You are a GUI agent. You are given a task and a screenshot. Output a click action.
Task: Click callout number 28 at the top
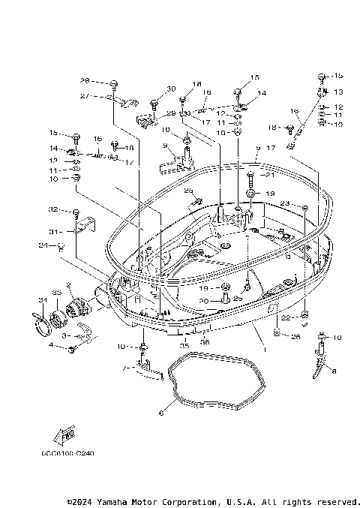pos(85,80)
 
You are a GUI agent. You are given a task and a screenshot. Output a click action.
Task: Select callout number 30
pos(171,89)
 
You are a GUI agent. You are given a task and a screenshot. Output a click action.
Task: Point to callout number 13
pos(338,92)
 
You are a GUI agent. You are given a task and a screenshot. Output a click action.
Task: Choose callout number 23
pos(285,203)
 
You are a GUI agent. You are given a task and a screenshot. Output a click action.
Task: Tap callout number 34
pos(42,302)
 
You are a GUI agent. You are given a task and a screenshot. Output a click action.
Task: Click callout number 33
pos(56,292)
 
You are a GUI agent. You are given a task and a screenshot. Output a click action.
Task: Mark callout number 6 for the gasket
pos(160,413)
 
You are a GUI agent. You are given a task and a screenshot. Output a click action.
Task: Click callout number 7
pos(127,369)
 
